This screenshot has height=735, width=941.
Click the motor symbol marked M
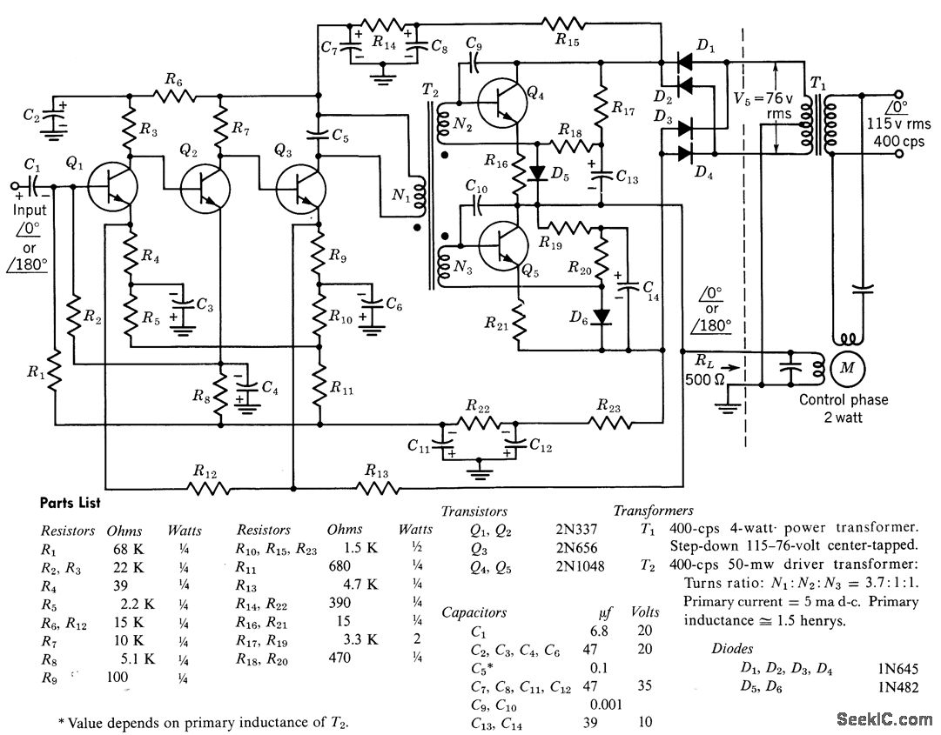[844, 368]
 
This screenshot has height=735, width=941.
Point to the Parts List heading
[71, 503]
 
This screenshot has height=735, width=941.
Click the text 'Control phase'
[844, 399]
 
